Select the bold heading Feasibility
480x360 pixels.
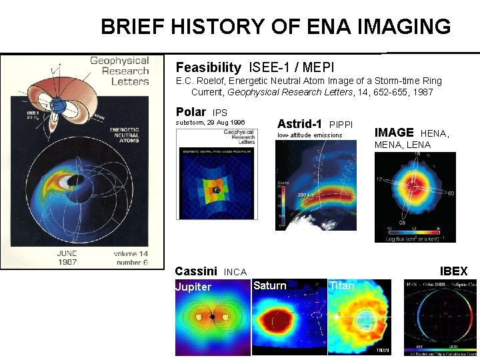tap(208, 67)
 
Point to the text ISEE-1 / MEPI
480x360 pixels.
tap(291, 67)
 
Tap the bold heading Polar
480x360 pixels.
tap(190, 112)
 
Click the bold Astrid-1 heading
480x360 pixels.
tap(299, 124)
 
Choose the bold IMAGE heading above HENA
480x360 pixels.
tap(394, 133)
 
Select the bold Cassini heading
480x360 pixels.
tap(195, 271)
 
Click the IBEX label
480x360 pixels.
tap(453, 271)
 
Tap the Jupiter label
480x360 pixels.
tap(193, 287)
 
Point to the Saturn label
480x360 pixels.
tap(269, 285)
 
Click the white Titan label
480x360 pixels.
tap(341, 285)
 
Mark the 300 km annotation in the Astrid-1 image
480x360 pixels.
tap(306, 194)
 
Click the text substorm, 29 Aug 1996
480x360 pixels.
tap(210, 123)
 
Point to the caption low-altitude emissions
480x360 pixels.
tap(309, 135)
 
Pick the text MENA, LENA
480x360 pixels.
tap(402, 145)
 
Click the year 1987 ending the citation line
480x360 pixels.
tap(421, 92)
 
